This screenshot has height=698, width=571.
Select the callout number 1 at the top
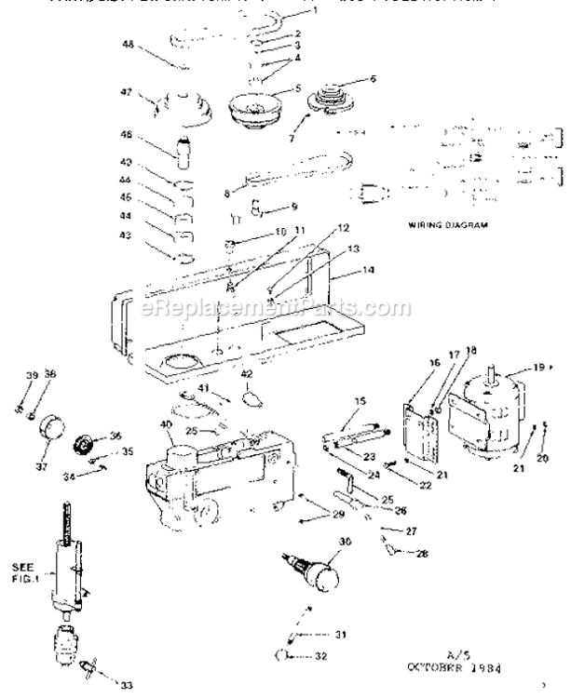(315, 11)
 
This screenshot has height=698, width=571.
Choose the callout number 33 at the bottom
(124, 687)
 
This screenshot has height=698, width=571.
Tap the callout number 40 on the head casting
(169, 426)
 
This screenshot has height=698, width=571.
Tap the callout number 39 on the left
(32, 375)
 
